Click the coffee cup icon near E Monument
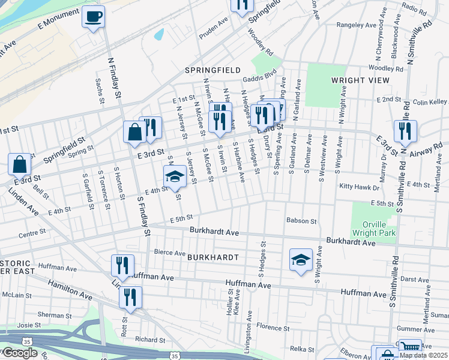(x=93, y=17)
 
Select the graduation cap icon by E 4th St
(x=175, y=176)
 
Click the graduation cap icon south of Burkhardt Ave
(x=301, y=260)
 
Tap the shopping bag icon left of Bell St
(x=20, y=164)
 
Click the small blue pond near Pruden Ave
(x=159, y=34)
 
